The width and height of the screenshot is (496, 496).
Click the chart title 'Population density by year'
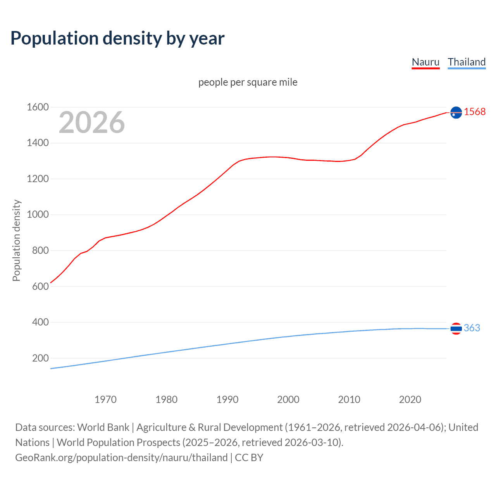[117, 38]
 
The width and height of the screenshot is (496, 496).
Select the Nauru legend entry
[425, 62]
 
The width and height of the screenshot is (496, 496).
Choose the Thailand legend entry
[467, 62]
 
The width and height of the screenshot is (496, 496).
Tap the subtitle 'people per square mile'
[248, 82]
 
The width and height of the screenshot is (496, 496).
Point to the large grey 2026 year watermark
[92, 122]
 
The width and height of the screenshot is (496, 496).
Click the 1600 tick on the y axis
[38, 107]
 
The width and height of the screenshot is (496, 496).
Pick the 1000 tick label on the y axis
[38, 214]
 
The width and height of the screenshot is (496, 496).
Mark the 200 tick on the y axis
[40, 358]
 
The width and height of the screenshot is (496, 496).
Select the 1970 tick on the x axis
[105, 400]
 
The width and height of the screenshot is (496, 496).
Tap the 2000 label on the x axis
[288, 400]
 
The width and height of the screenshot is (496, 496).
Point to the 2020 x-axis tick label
[410, 400]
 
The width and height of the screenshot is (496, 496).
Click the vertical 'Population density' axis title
[16, 240]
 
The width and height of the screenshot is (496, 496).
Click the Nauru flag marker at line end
[456, 112]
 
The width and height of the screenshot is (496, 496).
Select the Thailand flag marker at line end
[456, 328]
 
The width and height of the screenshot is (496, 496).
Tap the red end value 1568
[475, 112]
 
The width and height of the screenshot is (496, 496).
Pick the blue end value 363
[472, 328]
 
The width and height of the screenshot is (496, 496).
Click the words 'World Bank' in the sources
[103, 427]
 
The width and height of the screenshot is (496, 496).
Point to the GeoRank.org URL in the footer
[121, 457]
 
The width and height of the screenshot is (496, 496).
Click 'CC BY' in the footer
[249, 457]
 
